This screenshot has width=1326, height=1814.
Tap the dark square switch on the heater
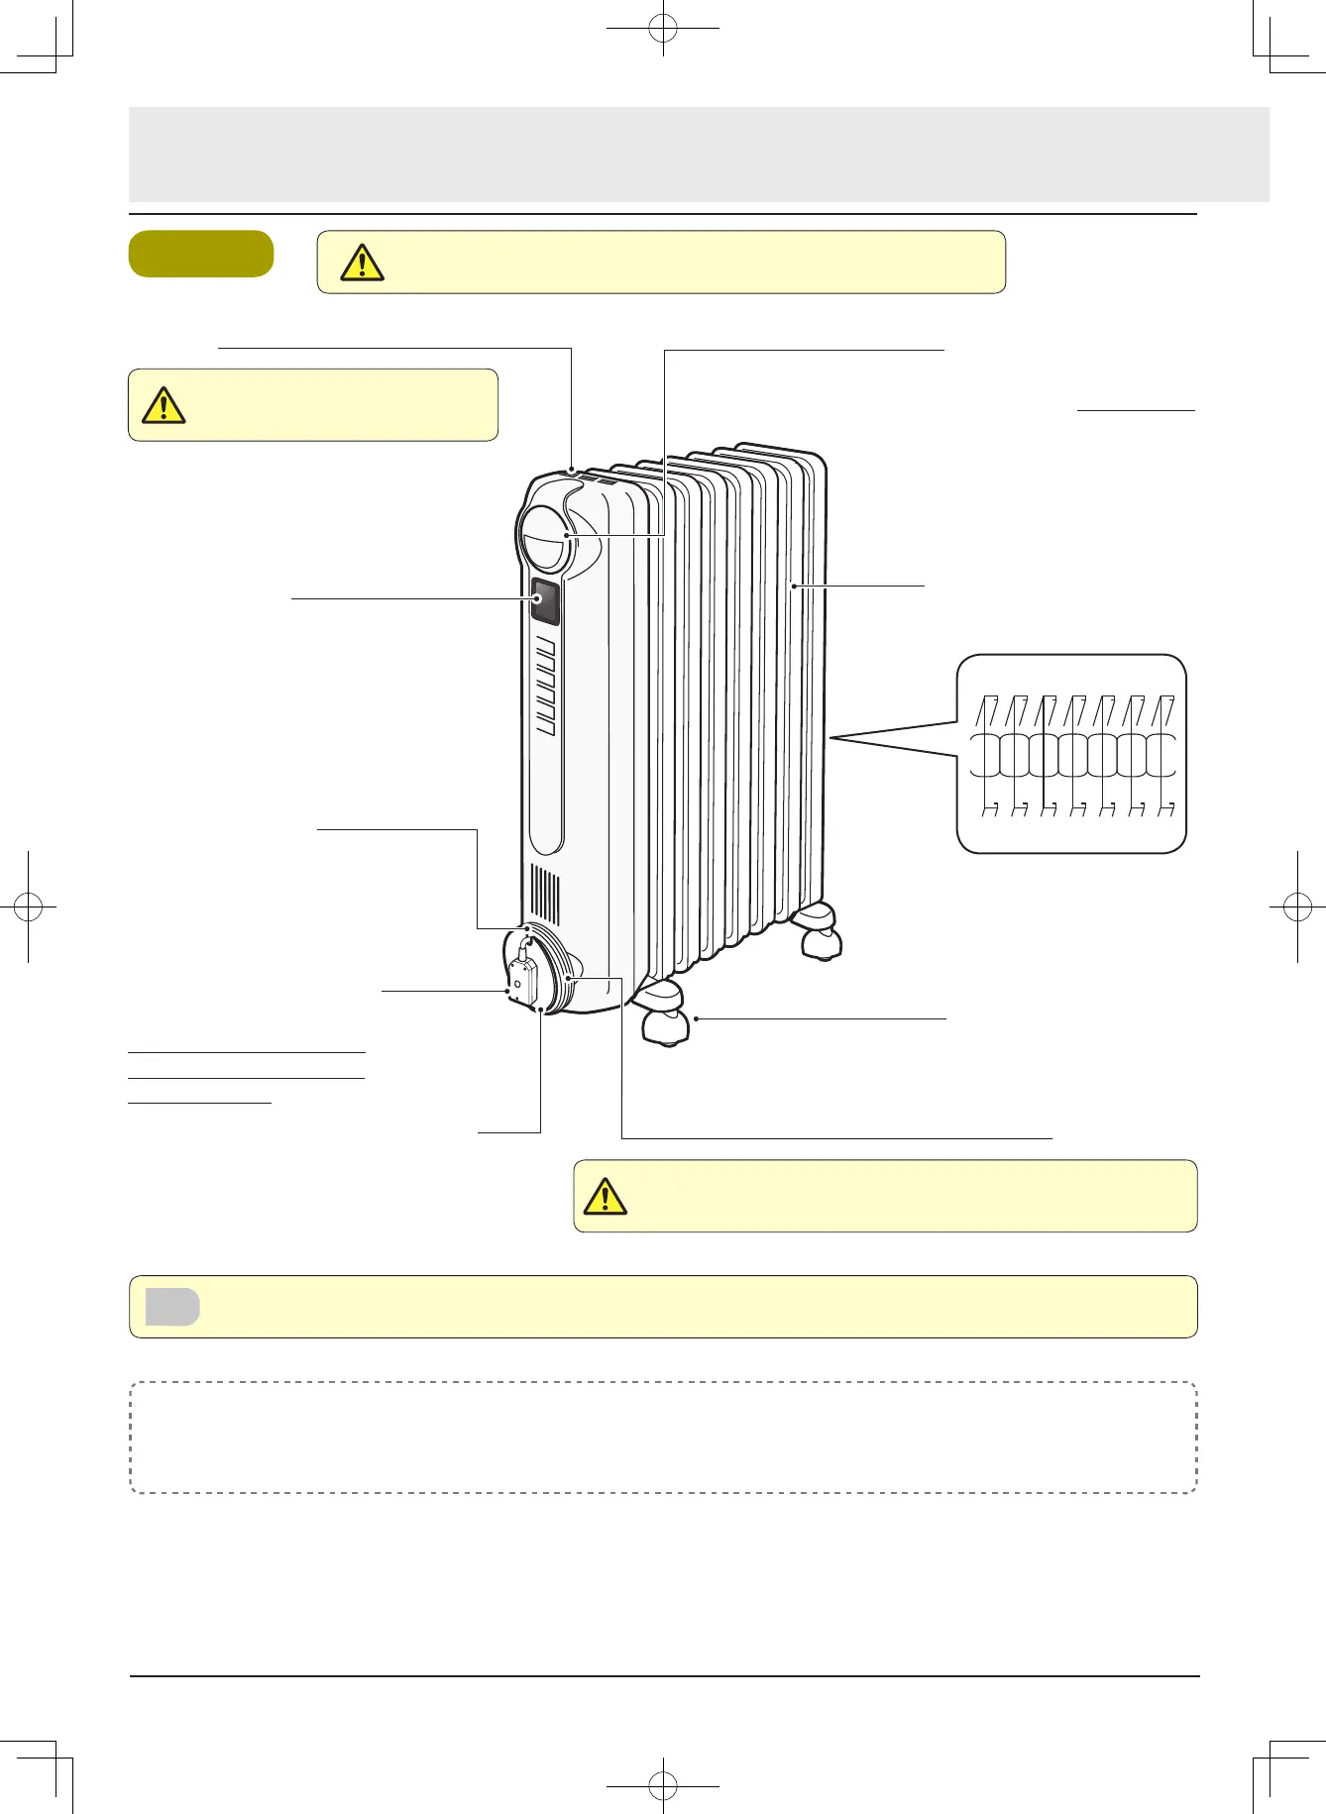coord(544,600)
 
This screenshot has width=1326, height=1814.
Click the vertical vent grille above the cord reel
coord(545,895)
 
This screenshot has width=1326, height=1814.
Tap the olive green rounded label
coord(201,254)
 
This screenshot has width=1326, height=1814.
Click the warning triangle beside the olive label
coord(362,263)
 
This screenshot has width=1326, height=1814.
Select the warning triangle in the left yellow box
coord(164,405)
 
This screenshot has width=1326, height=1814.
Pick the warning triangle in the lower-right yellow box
coord(605,1197)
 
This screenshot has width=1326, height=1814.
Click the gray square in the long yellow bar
coord(172,1307)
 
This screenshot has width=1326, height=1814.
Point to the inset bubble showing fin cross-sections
coord(1071,753)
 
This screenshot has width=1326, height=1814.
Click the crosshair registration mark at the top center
coord(663,30)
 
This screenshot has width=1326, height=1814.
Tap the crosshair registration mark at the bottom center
coord(663,1786)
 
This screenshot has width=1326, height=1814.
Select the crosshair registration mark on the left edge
coord(29,906)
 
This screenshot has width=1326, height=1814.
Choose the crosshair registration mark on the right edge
coord(1297,906)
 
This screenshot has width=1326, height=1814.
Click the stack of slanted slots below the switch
coord(545,686)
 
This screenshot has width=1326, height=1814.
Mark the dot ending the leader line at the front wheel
coord(696,1018)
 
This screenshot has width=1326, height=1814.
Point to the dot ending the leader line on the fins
coord(793,587)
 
